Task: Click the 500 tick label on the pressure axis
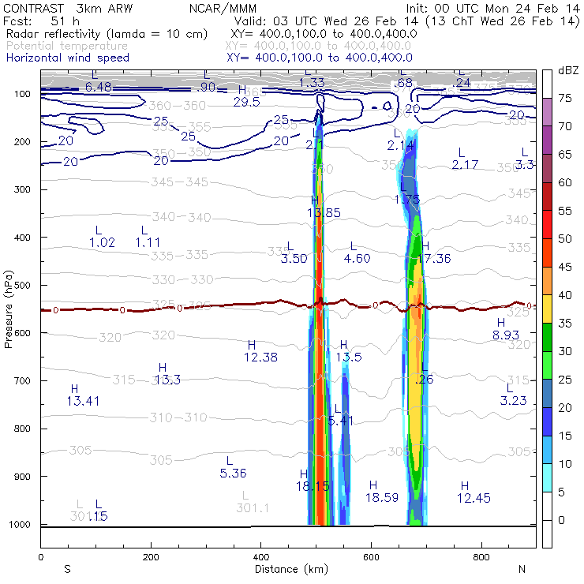(22, 285)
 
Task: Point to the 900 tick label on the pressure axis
(22, 477)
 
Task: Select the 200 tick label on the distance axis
(150, 557)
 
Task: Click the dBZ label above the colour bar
(567, 71)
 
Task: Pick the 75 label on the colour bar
(565, 98)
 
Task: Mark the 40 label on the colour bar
(565, 295)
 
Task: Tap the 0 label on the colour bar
(561, 520)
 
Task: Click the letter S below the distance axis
(67, 568)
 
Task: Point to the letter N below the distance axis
(522, 568)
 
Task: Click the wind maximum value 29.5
(246, 102)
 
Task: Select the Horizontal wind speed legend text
(67, 58)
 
